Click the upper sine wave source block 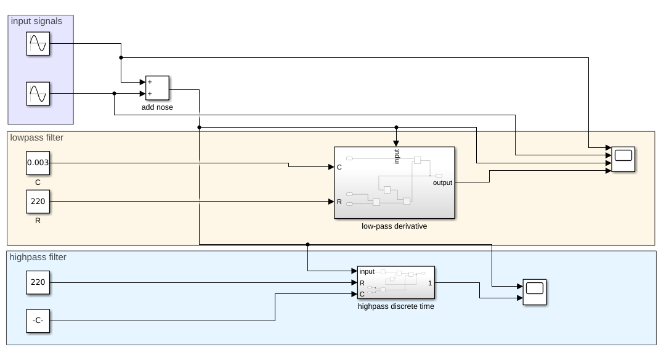pos(38,44)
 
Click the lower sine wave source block pos(38,94)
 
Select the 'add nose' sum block pos(156,88)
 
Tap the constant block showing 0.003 pos(38,163)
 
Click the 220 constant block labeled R pos(38,202)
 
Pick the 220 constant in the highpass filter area pos(38,282)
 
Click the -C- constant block pos(38,321)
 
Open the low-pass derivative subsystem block pos(394,182)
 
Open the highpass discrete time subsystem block pos(395,282)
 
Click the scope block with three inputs pos(623,159)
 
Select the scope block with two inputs pos(534,292)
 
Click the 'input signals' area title pos(36,22)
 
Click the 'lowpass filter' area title pos(37,137)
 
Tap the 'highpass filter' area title pos(38,257)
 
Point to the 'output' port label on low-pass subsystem pos(442,183)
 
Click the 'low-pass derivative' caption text pos(394,226)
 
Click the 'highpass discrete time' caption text pos(395,306)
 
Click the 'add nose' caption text pos(157,107)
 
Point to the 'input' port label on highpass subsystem pos(367,271)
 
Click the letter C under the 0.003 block pos(38,182)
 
